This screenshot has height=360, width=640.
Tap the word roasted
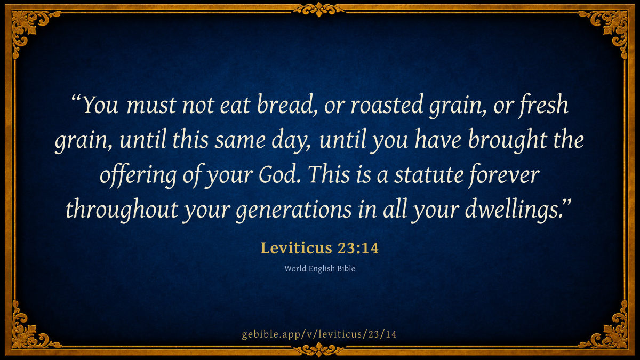click(387, 105)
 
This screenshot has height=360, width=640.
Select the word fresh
click(543, 105)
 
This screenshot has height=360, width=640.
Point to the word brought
click(507, 140)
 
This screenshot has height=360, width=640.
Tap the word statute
click(429, 175)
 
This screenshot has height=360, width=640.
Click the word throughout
click(122, 210)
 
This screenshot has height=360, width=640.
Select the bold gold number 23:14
click(358, 247)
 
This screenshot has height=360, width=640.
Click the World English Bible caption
click(319, 269)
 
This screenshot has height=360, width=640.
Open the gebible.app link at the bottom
click(319, 334)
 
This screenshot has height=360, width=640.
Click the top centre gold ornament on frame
click(319, 9)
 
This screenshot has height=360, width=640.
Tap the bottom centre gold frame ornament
click(319, 349)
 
